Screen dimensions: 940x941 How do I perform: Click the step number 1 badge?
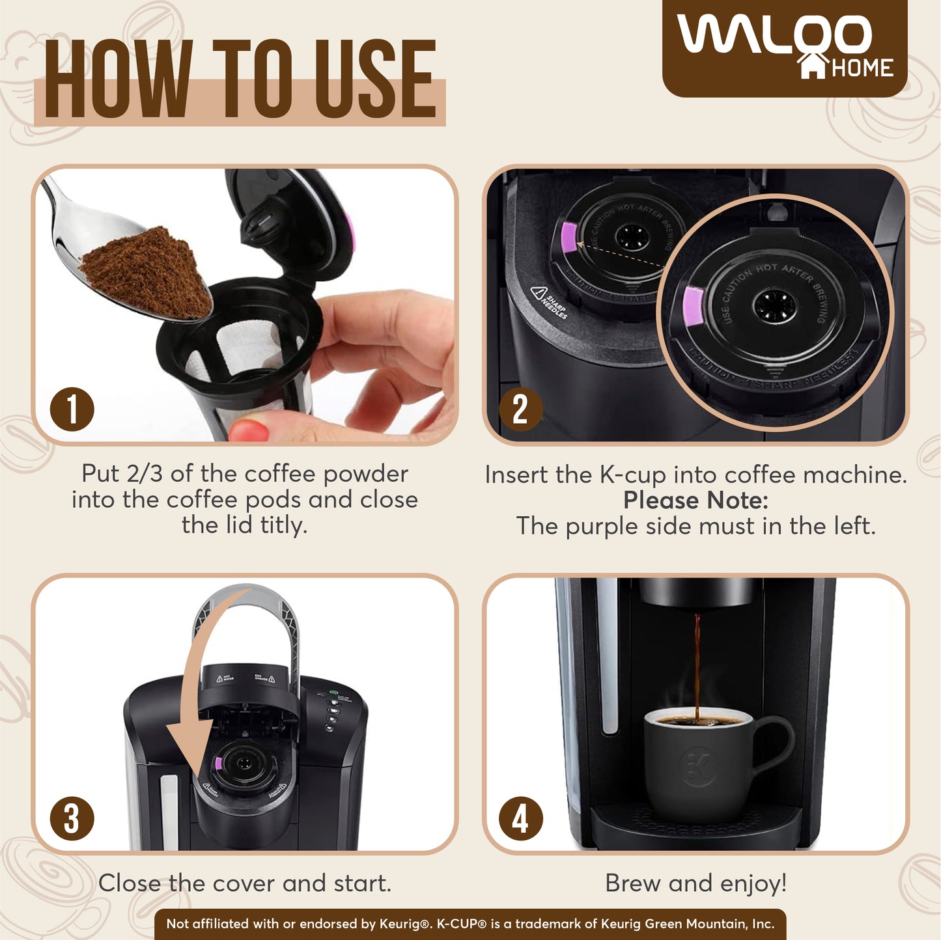coord(72,409)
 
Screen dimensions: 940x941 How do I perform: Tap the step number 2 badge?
coord(520,409)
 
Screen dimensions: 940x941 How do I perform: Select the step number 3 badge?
coord(72,818)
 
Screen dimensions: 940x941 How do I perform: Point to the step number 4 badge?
coord(520,818)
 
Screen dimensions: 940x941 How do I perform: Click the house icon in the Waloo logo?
coord(813,66)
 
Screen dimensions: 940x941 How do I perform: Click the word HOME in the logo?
coord(862,68)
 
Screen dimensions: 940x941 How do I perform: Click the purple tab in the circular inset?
coord(693,307)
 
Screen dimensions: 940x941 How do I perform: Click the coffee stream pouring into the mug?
coord(697,664)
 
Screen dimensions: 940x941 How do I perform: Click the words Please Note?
coord(695,501)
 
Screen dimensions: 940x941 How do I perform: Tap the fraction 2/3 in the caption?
coord(147,474)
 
